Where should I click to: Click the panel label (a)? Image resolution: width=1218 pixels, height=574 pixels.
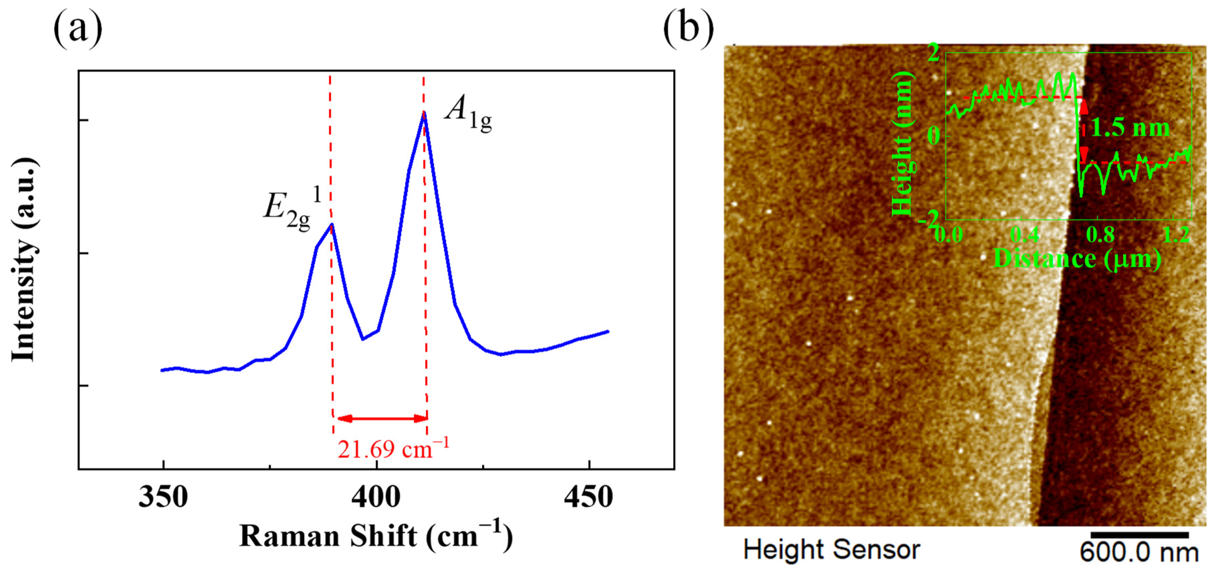(78, 29)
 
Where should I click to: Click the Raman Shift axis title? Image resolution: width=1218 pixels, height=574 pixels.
(376, 537)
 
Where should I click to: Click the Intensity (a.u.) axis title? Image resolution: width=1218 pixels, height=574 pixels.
(24, 260)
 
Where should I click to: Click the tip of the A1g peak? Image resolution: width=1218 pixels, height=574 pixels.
(424, 113)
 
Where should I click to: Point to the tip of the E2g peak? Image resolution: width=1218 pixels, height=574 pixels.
(332, 225)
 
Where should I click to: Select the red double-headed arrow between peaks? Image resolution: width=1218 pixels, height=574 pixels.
(382, 418)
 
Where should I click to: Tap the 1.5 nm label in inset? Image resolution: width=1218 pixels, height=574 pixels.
(1129, 128)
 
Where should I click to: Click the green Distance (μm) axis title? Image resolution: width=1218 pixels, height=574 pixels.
(1077, 259)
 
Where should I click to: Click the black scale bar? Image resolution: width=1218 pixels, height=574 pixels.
(1139, 535)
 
